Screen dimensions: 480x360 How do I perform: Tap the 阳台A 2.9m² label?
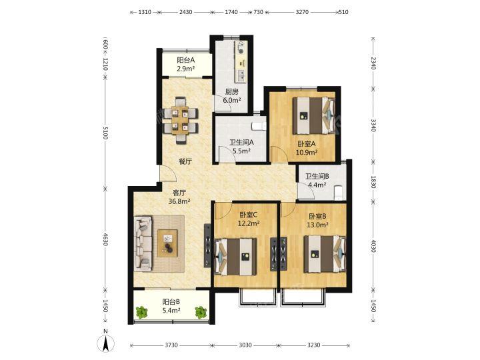[x=186, y=65]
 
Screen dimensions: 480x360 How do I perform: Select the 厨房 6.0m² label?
[x=232, y=96]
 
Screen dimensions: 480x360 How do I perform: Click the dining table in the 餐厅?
[x=180, y=120]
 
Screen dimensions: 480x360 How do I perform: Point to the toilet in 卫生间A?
[x=259, y=126]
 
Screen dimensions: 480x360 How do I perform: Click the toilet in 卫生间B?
[x=339, y=193]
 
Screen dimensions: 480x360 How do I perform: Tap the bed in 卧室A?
[x=313, y=115]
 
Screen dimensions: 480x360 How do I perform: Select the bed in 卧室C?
[x=236, y=257]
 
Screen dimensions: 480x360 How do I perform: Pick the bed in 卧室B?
[x=325, y=254]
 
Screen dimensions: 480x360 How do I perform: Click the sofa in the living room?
[x=143, y=244]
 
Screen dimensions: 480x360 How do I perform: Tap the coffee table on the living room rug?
[x=167, y=243]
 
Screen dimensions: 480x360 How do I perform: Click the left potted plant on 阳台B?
[x=141, y=312]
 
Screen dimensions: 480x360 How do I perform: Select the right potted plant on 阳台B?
[x=201, y=312]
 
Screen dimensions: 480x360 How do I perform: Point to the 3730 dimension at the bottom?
[x=171, y=345]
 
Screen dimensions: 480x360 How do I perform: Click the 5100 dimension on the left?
[x=105, y=133]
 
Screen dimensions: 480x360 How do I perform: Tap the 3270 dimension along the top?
[x=302, y=12]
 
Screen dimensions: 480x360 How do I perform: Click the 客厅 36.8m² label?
[x=179, y=197]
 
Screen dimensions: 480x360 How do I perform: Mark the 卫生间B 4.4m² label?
[x=317, y=181]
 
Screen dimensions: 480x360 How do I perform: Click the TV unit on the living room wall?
[x=207, y=245]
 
